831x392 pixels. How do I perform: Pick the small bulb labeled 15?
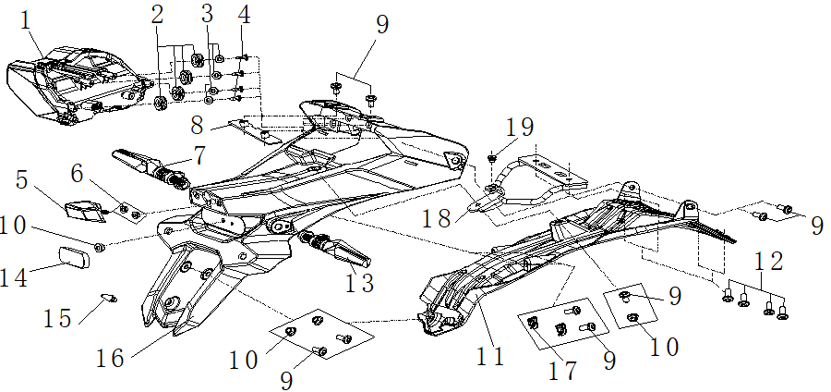[x=107, y=297]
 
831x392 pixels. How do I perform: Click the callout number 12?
[x=769, y=262]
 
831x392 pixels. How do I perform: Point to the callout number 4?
[x=244, y=16]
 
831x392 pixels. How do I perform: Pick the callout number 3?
[x=207, y=16]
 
